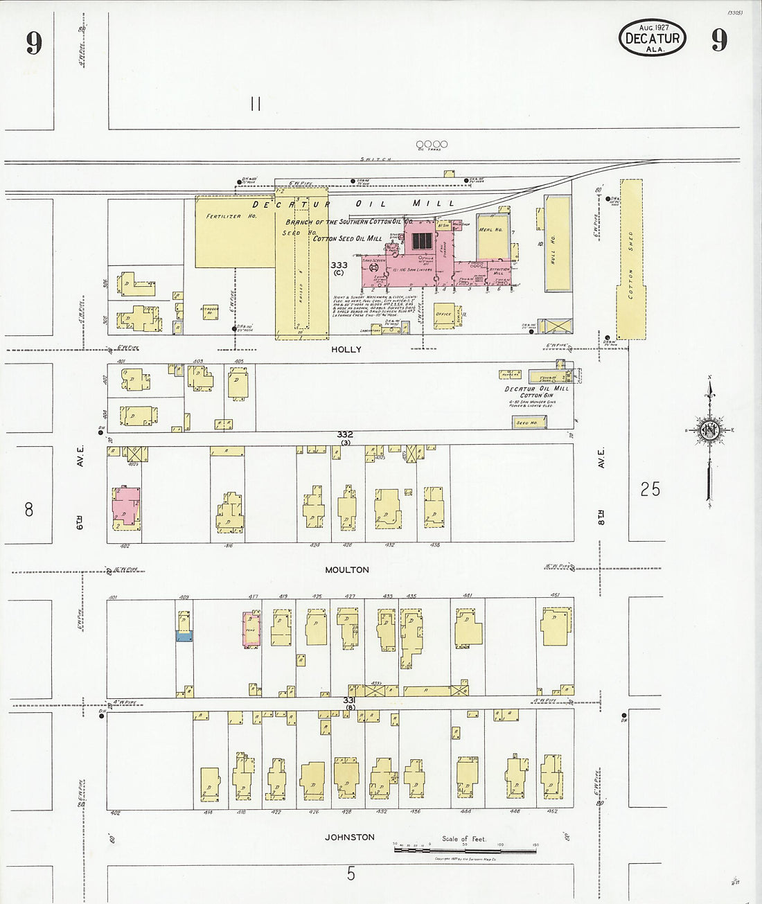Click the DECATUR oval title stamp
click(652, 39)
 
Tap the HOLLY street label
click(346, 350)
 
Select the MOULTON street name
click(347, 570)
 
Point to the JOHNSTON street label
click(350, 837)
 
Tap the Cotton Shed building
click(630, 260)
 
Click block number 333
click(339, 265)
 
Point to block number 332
click(345, 434)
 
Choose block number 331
click(349, 701)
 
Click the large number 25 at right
click(650, 490)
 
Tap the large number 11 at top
click(255, 105)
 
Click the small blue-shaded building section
click(184, 636)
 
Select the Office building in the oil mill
click(443, 314)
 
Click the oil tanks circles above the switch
click(432, 144)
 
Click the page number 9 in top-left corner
click(34, 43)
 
